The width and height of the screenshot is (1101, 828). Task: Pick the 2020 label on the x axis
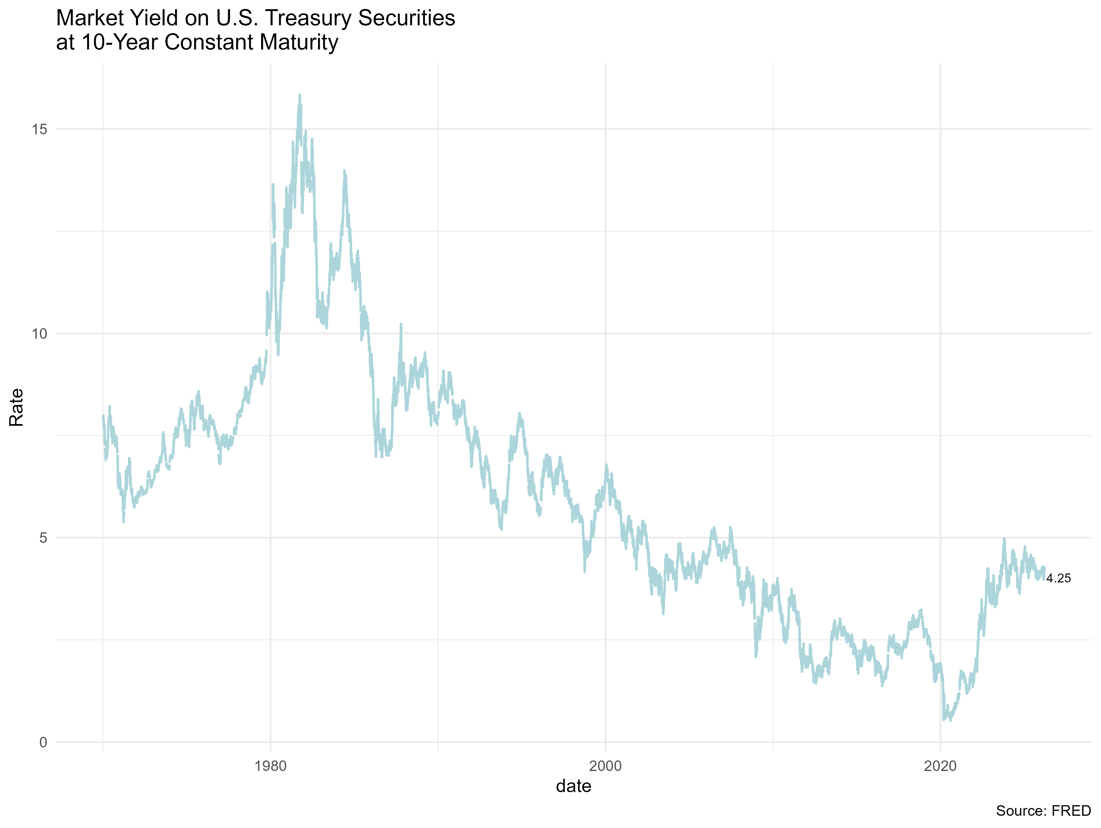coord(940,766)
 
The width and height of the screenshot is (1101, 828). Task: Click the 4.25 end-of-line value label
coord(1058,578)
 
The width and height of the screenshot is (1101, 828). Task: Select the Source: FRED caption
coord(1043,811)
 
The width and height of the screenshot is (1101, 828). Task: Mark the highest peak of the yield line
coord(300,95)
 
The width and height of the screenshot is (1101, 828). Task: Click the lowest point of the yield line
coord(950,721)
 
